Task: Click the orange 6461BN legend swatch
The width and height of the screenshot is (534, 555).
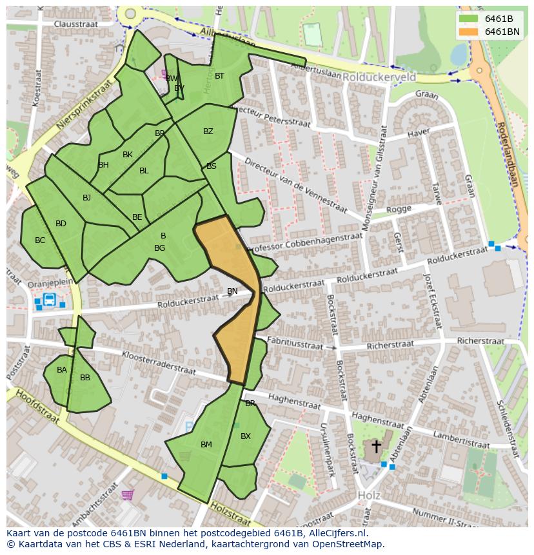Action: (469, 32)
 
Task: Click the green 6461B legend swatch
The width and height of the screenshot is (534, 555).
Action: (469, 19)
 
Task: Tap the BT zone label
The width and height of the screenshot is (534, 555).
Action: (219, 76)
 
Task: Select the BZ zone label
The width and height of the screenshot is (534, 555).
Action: (208, 131)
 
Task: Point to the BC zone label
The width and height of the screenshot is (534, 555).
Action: (40, 240)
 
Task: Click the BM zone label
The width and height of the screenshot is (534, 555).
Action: (206, 445)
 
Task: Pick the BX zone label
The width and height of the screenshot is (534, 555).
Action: (245, 436)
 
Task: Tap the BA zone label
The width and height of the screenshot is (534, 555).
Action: (61, 370)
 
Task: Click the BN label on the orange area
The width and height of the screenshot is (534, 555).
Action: (232, 291)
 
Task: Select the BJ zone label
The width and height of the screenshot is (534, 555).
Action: (86, 198)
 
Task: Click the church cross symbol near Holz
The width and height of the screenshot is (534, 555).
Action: (376, 446)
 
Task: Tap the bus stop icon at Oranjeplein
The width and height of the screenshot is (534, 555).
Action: (49, 299)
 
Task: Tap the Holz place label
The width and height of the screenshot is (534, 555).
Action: (368, 495)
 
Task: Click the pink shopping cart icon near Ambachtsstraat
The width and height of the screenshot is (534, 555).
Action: (127, 495)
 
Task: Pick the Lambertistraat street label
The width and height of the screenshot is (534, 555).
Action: (461, 440)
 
